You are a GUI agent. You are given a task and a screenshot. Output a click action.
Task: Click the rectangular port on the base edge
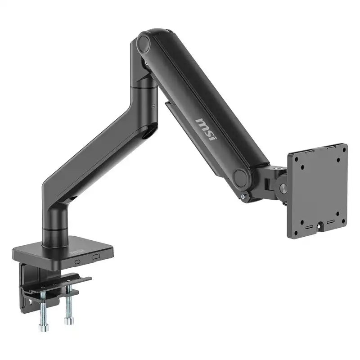[x=95, y=256]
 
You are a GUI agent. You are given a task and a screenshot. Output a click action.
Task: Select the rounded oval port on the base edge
[x=77, y=261]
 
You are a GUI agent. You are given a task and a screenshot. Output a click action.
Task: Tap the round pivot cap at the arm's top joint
[x=144, y=44]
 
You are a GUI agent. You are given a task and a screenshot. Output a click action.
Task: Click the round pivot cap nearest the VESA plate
[x=242, y=178]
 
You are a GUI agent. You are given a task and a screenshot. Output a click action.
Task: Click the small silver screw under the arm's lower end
[x=243, y=197]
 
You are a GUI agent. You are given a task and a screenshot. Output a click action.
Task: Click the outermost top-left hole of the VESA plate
[x=294, y=159]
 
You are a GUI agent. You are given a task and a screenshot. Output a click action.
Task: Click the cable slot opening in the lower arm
[x=148, y=132]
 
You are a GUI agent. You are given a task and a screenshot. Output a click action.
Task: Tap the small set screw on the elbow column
[x=153, y=106]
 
